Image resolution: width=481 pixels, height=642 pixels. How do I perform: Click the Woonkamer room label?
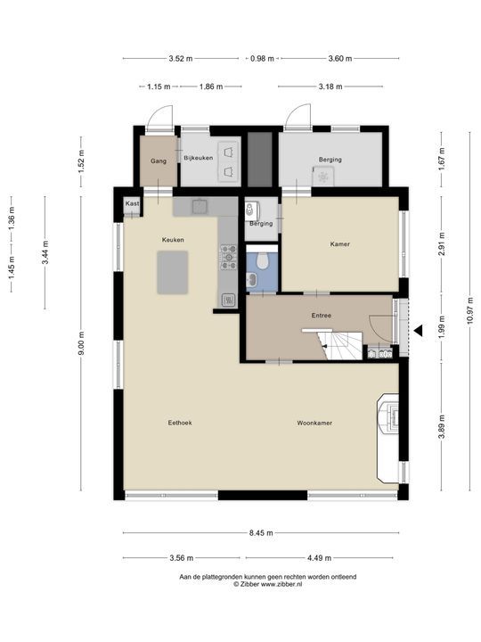pyautogui.click(x=314, y=423)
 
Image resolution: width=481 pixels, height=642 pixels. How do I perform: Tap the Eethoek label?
pyautogui.click(x=180, y=423)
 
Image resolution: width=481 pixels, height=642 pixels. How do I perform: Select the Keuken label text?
pyautogui.click(x=173, y=240)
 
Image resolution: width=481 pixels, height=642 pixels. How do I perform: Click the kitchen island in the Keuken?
pyautogui.click(x=173, y=272)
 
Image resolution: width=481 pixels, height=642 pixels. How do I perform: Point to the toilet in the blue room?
pyautogui.click(x=262, y=260)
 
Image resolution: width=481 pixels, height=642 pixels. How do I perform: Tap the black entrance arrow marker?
pyautogui.click(x=418, y=331)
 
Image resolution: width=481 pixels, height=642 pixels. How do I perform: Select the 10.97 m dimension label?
pyautogui.click(x=469, y=311)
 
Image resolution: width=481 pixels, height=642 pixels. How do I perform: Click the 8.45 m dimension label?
pyautogui.click(x=261, y=533)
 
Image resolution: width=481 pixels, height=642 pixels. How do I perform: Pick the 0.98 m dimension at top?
pyautogui.click(x=262, y=59)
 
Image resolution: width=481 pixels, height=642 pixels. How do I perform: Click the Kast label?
pyautogui.click(x=132, y=203)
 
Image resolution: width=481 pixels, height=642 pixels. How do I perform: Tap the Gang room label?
pyautogui.click(x=159, y=160)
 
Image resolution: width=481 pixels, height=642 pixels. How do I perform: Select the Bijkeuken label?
pyautogui.click(x=199, y=158)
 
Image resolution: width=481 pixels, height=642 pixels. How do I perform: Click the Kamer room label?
pyautogui.click(x=340, y=244)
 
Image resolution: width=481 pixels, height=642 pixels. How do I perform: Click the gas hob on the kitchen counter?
pyautogui.click(x=229, y=257)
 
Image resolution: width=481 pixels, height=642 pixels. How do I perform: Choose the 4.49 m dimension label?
pyautogui.click(x=320, y=557)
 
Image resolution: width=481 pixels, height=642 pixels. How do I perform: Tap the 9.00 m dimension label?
pyautogui.click(x=80, y=344)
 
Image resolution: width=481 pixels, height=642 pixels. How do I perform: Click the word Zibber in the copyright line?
pyautogui.click(x=250, y=584)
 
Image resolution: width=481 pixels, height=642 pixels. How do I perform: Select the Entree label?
pyautogui.click(x=322, y=316)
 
